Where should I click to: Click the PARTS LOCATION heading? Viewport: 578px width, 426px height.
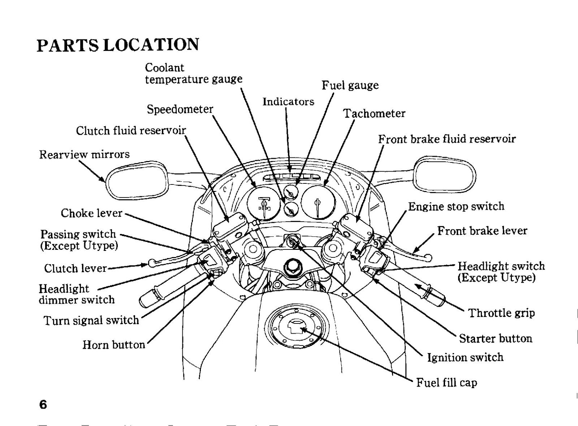118,45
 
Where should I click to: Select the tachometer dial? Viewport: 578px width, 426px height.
319,202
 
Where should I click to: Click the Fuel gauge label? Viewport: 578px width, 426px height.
350,85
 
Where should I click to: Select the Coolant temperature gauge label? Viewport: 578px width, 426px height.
194,73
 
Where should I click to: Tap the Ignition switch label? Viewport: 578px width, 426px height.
465,357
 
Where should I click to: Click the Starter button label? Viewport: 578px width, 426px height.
495,338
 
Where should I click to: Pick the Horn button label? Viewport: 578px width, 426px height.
114,344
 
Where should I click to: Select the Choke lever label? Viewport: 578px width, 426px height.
91,213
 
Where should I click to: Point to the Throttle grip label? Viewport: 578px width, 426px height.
501,313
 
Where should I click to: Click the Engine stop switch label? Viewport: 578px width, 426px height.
456,206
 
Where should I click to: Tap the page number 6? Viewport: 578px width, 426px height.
43,404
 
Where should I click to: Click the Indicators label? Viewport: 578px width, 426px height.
289,101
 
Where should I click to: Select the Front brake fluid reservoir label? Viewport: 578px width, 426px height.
447,139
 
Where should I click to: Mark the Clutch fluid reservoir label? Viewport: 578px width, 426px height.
131,130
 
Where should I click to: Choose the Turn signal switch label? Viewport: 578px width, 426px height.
91,320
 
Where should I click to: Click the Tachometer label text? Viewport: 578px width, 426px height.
374,113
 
